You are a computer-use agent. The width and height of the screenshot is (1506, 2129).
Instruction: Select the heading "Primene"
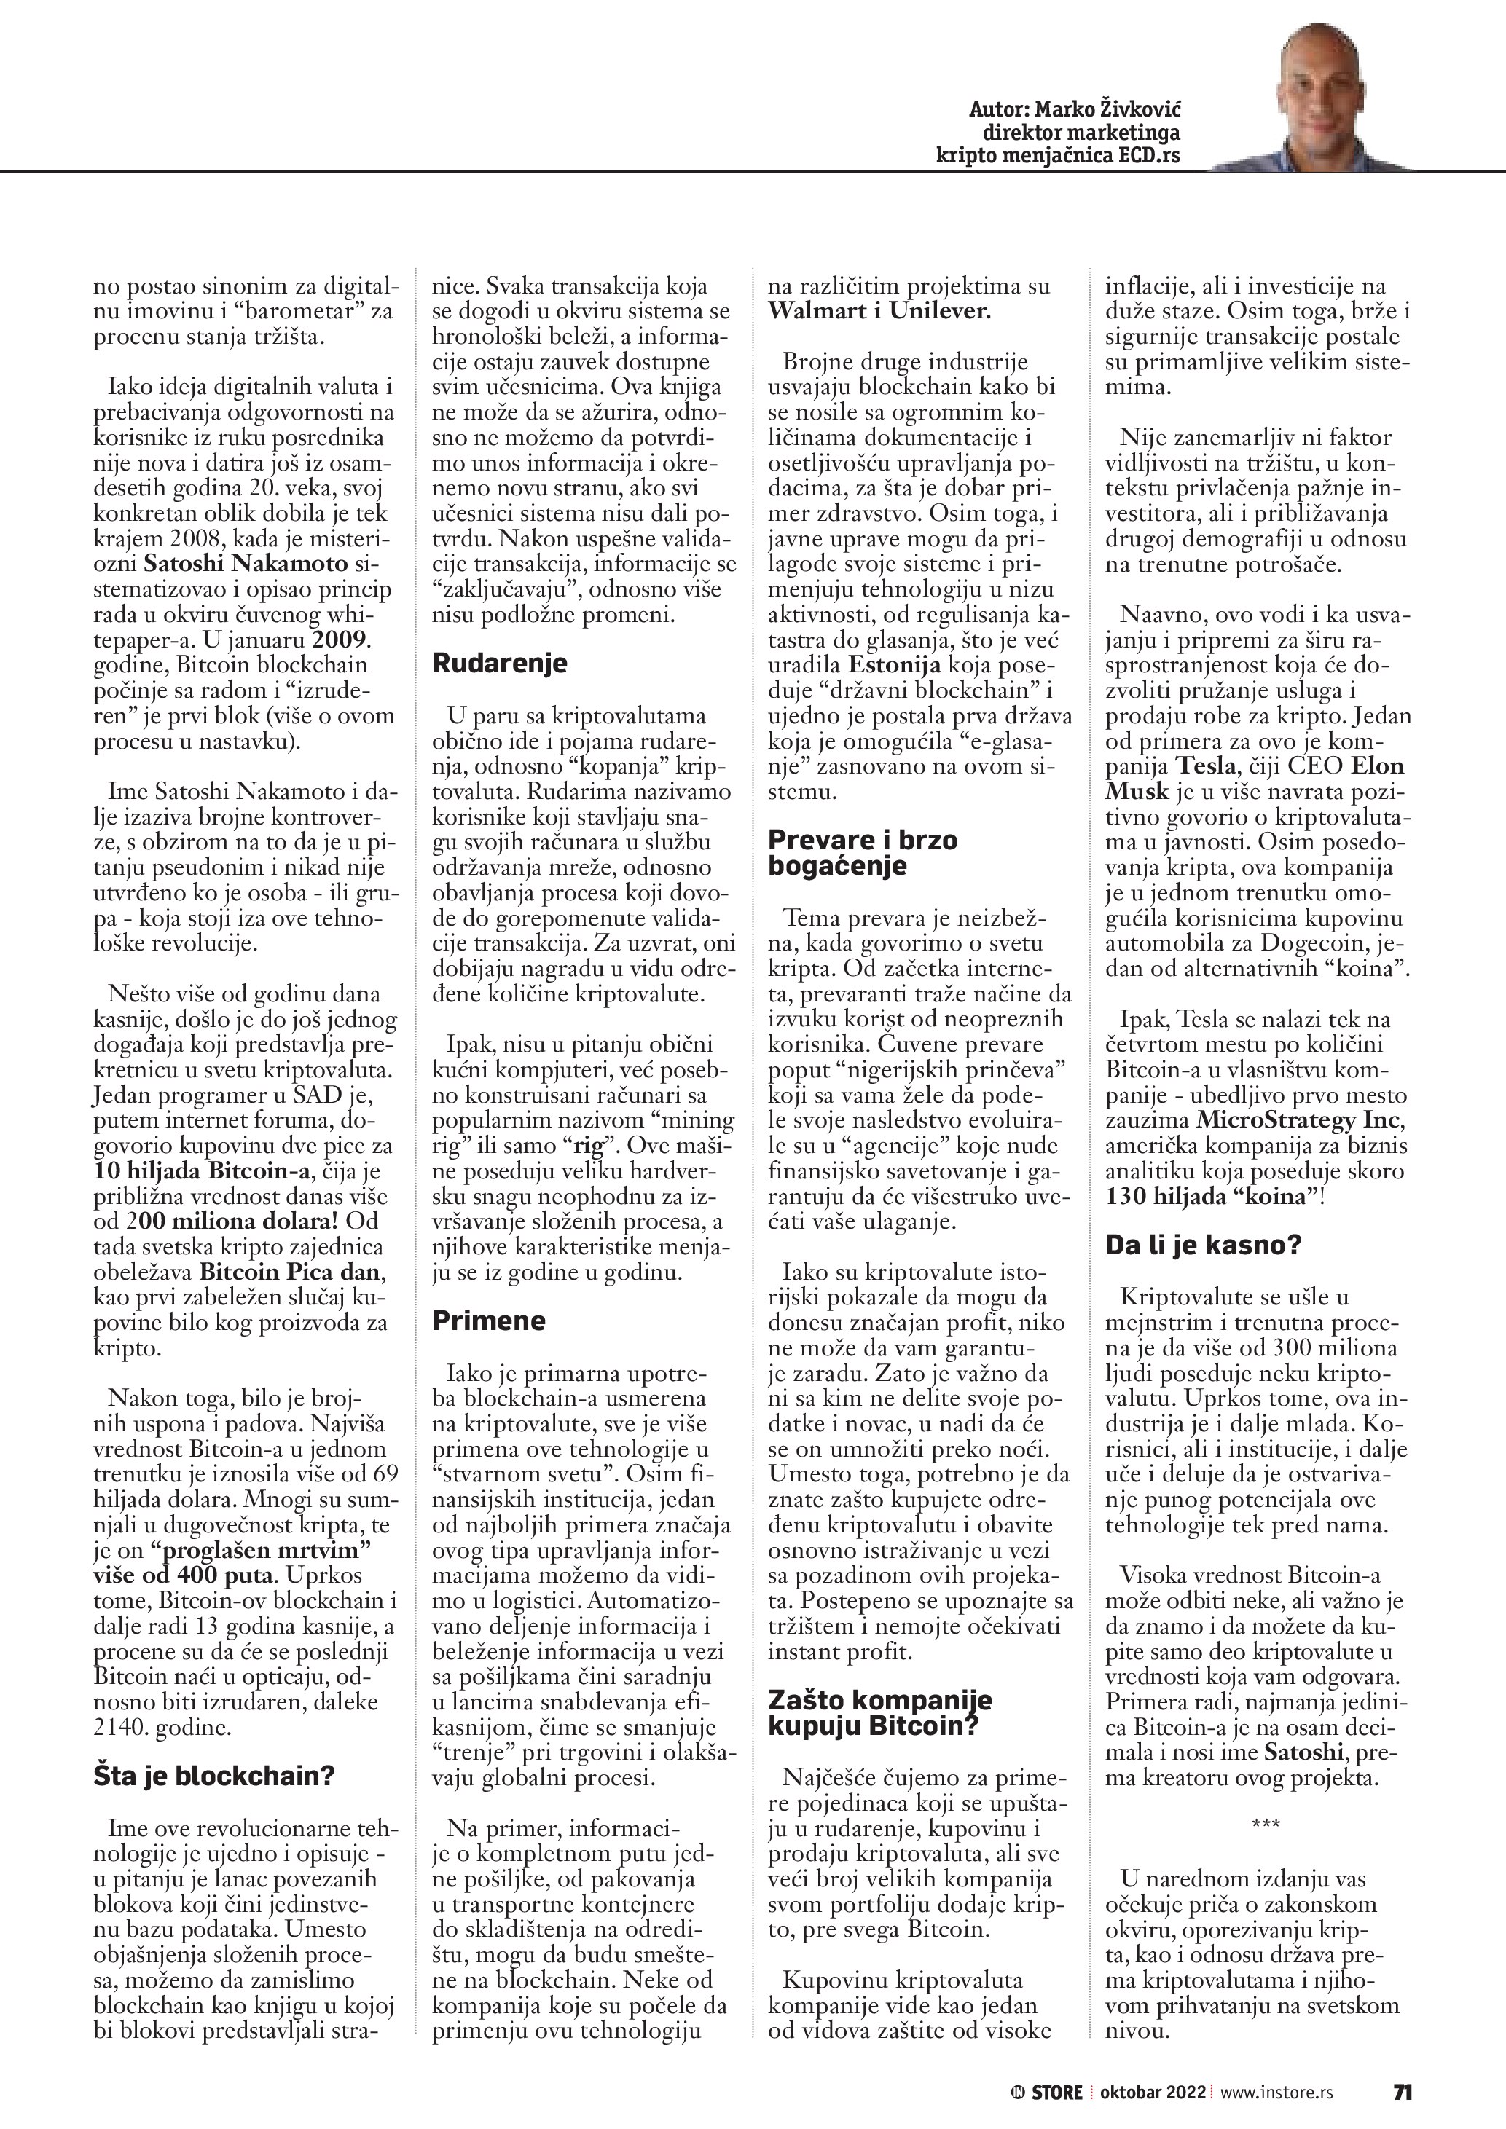point(489,1321)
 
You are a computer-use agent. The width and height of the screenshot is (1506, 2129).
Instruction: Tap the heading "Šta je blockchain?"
point(213,1776)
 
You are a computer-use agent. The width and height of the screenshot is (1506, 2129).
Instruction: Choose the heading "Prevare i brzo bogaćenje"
point(863,853)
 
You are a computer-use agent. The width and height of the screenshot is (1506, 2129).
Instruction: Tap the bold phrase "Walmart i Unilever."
point(879,312)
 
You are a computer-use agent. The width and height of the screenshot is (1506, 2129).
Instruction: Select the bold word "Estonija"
point(894,665)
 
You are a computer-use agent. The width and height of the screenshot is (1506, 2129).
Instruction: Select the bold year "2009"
point(339,639)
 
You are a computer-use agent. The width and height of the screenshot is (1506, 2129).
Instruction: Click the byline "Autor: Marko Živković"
point(1074,109)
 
